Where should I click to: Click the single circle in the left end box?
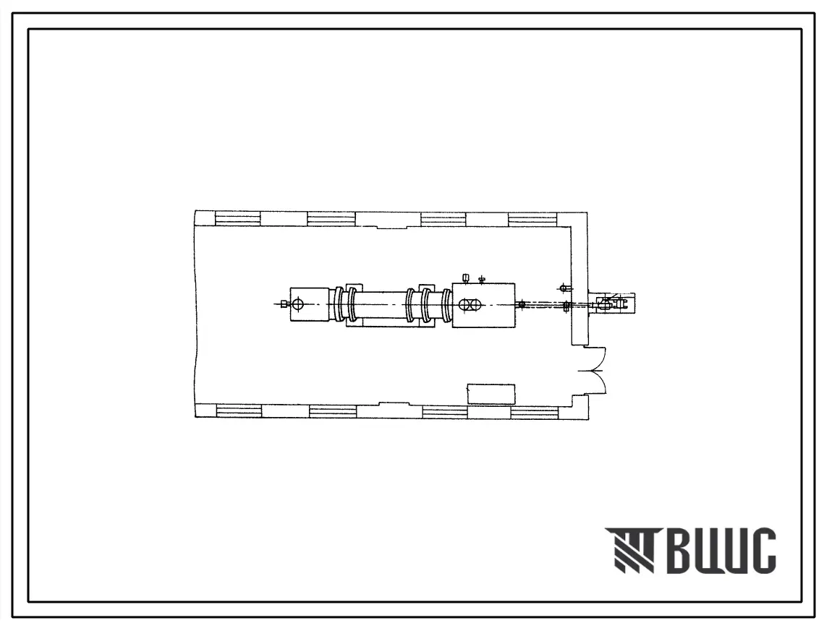tap(298, 304)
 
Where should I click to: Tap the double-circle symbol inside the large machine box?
tap(467, 304)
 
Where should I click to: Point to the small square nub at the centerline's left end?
tap(284, 304)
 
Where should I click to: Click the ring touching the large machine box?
tap(447, 305)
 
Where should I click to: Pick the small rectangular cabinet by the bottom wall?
tap(490, 394)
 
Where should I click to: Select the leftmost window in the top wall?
tap(237, 218)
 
